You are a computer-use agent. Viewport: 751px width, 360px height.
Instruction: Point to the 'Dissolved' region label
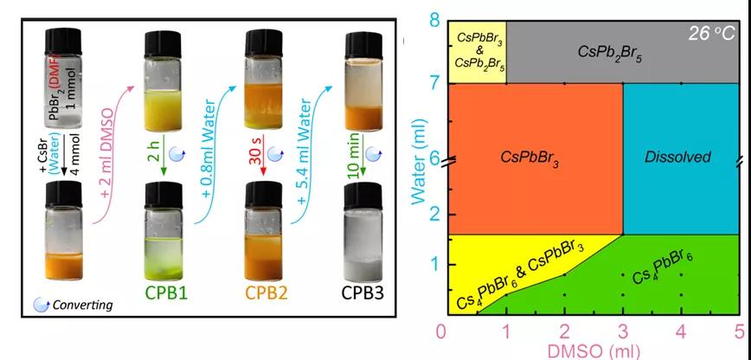[677, 157]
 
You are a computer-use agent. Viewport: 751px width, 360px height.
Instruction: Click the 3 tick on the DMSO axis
[622, 331]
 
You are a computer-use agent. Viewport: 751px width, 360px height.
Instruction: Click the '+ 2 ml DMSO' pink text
[115, 156]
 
